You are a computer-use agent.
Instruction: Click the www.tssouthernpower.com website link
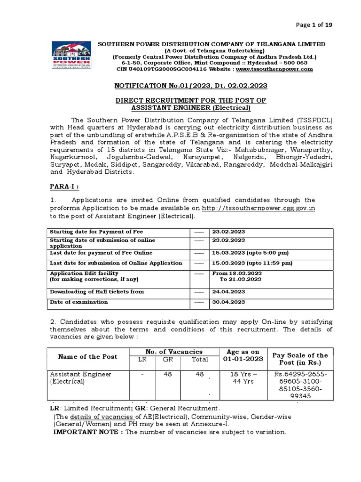click(274, 69)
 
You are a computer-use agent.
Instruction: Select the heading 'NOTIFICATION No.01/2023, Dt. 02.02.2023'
click(191, 85)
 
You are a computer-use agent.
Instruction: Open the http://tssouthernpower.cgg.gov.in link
click(259, 208)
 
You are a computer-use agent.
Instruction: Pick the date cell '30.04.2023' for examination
click(229, 302)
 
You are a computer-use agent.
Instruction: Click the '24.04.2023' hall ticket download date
click(229, 292)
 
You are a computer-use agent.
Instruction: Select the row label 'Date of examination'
click(79, 302)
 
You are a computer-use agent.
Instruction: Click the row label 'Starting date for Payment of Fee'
click(96, 232)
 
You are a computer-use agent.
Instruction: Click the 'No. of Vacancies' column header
click(174, 352)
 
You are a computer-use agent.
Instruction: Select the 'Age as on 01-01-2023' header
click(243, 356)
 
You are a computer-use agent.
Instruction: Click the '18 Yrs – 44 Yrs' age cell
click(243, 378)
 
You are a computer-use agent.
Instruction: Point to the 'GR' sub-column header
click(168, 360)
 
